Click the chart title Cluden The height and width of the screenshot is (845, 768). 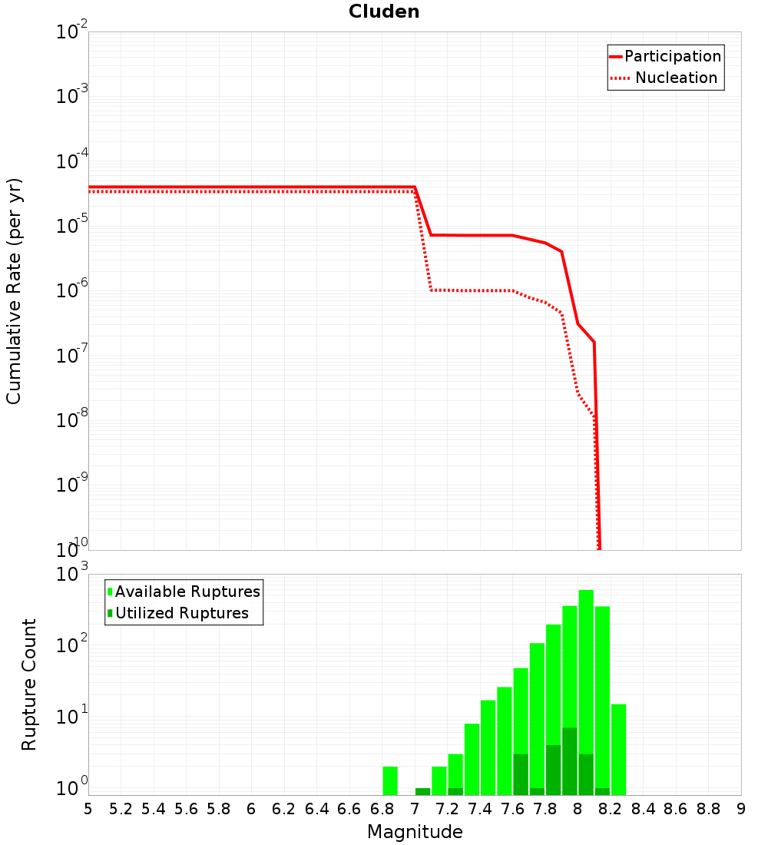click(x=384, y=12)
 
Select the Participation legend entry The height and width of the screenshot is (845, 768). click(x=665, y=56)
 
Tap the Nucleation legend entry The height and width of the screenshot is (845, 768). click(x=664, y=78)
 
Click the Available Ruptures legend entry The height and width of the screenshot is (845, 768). click(x=184, y=591)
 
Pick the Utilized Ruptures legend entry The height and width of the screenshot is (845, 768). click(x=178, y=613)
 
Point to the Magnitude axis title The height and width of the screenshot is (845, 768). click(x=415, y=831)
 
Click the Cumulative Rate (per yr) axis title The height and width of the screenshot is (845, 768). click(x=14, y=291)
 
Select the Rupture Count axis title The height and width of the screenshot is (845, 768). click(x=28, y=684)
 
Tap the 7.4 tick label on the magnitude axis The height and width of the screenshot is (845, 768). click(x=480, y=809)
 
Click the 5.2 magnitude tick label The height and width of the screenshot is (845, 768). click(x=121, y=809)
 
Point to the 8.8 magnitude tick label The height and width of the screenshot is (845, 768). click(x=708, y=809)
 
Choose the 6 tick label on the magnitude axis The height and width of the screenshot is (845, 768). click(x=251, y=809)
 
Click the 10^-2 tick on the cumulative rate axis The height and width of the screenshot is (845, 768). click(x=71, y=30)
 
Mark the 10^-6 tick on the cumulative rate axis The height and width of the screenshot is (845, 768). click(x=71, y=289)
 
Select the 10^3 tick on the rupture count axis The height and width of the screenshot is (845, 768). click(x=71, y=572)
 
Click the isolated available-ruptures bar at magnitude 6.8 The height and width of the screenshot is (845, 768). click(x=390, y=781)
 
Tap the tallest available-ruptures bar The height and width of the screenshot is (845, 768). click(x=586, y=692)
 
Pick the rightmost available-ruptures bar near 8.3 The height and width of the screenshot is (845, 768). click(x=619, y=750)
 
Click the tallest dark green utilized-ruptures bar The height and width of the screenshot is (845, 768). click(x=570, y=761)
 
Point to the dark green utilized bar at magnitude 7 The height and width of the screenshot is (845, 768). click(x=423, y=792)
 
